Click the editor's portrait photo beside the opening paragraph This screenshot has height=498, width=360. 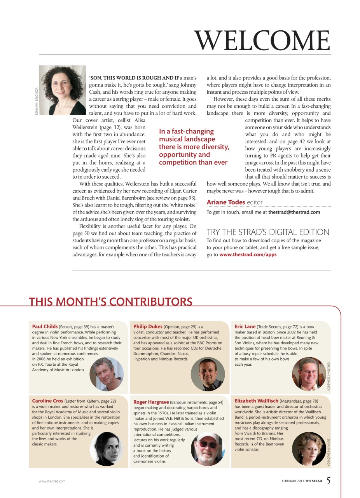[62, 90]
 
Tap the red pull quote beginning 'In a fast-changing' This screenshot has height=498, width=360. [194, 147]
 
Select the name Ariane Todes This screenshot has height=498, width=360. [226, 202]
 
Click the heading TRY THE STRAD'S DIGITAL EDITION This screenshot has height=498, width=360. [268, 232]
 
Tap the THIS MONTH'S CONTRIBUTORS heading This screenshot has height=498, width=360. [110, 302]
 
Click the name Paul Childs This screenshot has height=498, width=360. [45, 326]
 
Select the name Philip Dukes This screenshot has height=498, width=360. [148, 326]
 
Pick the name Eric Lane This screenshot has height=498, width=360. [245, 326]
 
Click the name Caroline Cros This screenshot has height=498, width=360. [47, 400]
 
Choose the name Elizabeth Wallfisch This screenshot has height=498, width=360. [257, 400]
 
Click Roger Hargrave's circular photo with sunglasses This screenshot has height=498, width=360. [208, 449]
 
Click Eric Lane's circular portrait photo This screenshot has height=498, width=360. [309, 374]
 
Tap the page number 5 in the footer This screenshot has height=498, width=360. [329, 481]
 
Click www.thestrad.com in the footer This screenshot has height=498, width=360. [52, 481]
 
